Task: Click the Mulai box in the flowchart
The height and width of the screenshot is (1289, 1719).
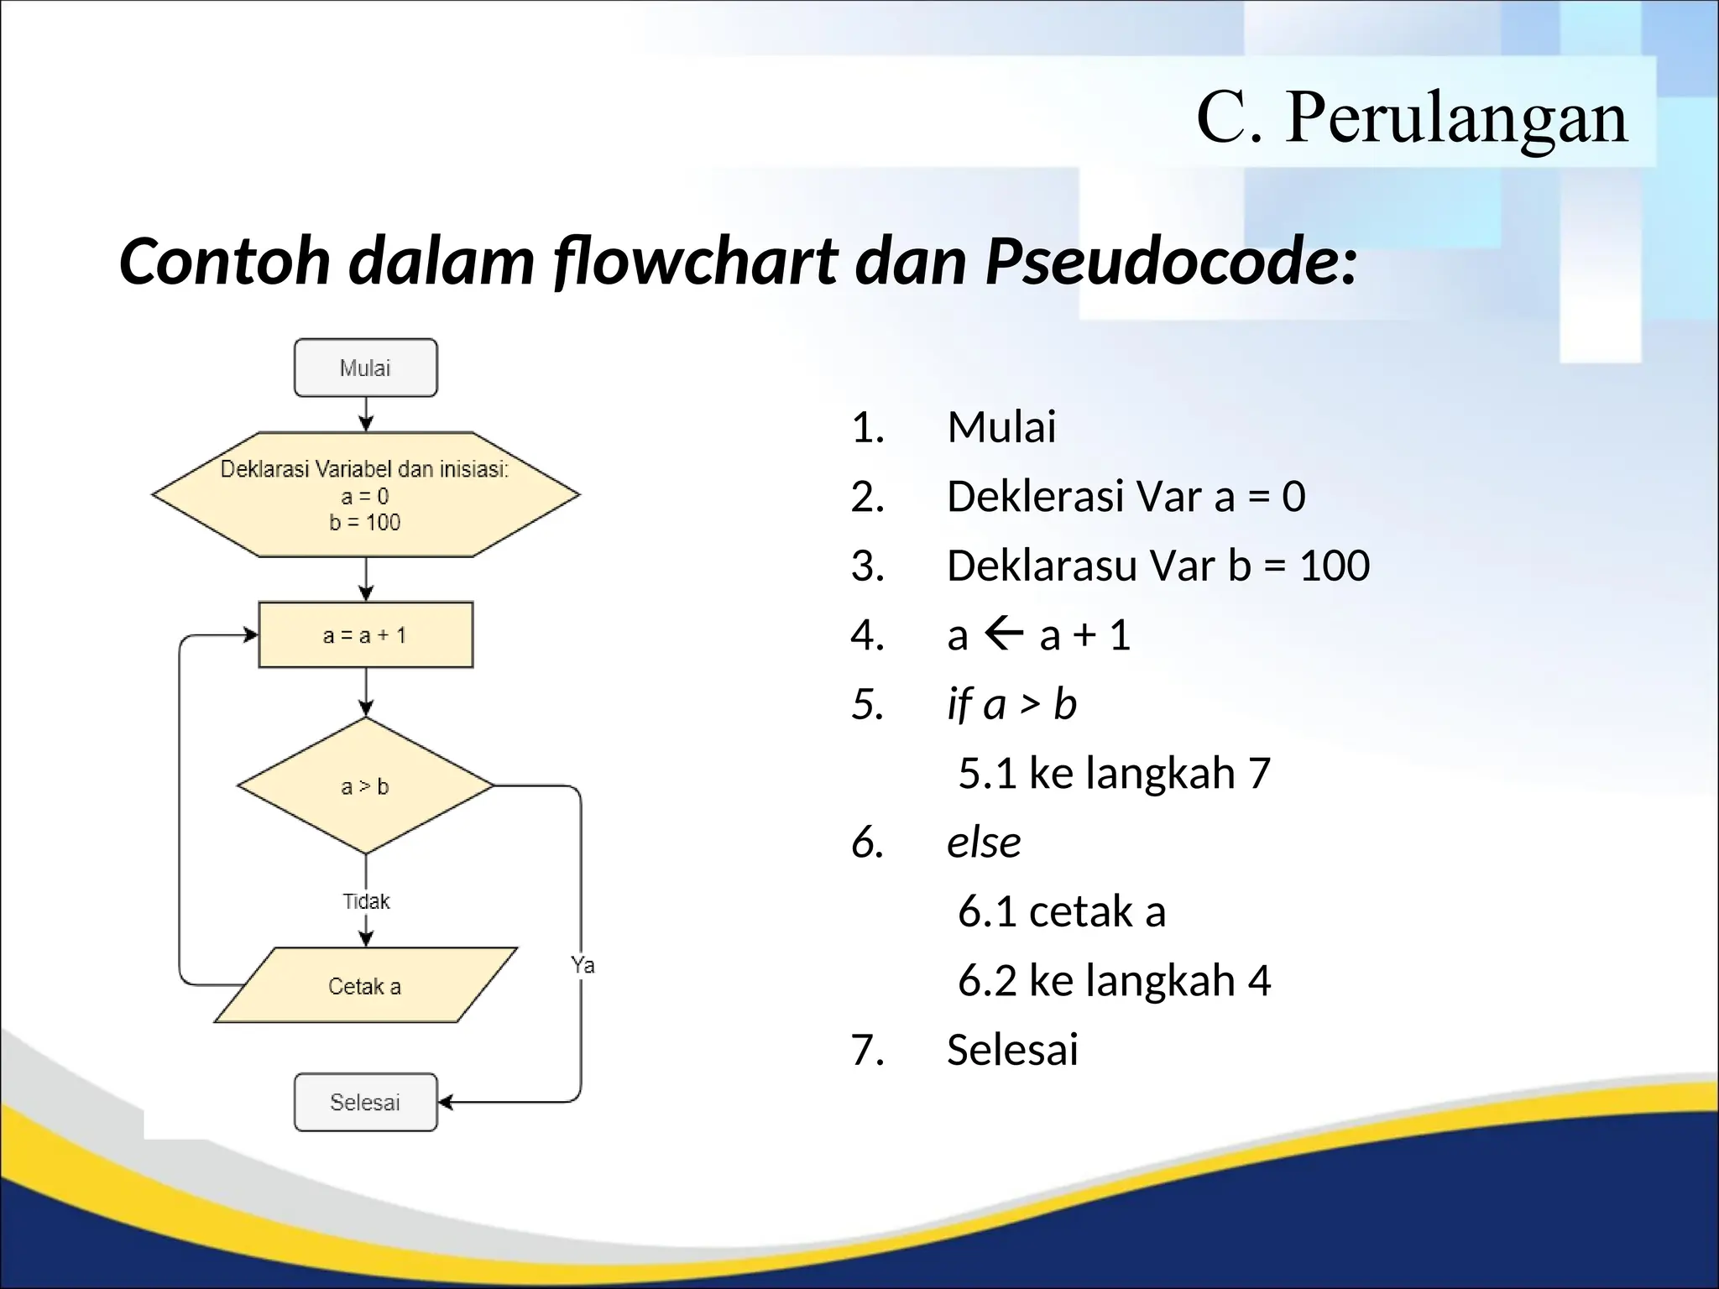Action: pyautogui.click(x=365, y=368)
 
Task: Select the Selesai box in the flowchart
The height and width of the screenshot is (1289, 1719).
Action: pyautogui.click(x=365, y=1102)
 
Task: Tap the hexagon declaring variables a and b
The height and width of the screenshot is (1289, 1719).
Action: pyautogui.click(x=365, y=495)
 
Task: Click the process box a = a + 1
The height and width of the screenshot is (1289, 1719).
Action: pyautogui.click(x=365, y=635)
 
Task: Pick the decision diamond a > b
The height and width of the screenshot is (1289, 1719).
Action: pyautogui.click(x=365, y=786)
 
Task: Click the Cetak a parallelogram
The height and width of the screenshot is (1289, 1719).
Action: pyautogui.click(x=365, y=986)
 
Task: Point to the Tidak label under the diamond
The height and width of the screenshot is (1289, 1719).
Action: pyautogui.click(x=366, y=901)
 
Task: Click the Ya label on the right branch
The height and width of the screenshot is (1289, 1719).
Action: pyautogui.click(x=583, y=965)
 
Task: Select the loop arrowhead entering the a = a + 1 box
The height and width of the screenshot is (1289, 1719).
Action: pyautogui.click(x=250, y=635)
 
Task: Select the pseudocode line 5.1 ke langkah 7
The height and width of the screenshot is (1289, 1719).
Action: pyautogui.click(x=1114, y=772)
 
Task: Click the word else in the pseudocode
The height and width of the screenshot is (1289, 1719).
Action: pyautogui.click(x=984, y=842)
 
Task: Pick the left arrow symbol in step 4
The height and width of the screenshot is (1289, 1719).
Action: pyautogui.click(x=1003, y=634)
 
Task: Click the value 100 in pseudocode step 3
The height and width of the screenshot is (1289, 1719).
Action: pyautogui.click(x=1335, y=565)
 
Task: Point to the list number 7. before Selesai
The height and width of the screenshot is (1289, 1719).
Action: pyautogui.click(x=868, y=1050)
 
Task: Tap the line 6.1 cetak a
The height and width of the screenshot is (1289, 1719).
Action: pyautogui.click(x=1062, y=911)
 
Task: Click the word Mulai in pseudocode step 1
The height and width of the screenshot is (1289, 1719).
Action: pyautogui.click(x=1001, y=426)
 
